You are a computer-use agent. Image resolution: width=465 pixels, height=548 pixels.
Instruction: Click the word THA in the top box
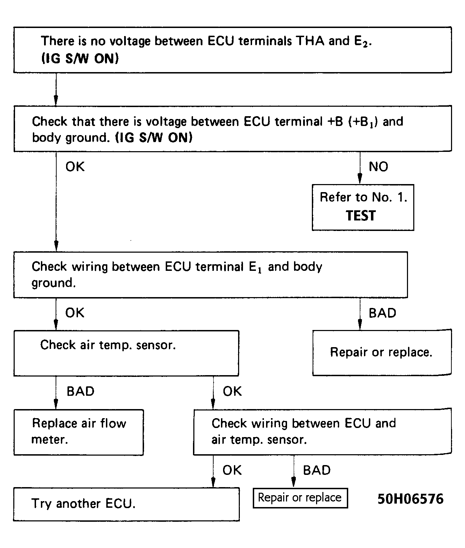[310, 41]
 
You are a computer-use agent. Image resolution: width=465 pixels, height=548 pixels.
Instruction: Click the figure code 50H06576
[410, 499]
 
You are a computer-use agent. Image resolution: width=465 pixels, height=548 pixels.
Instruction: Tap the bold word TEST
[360, 215]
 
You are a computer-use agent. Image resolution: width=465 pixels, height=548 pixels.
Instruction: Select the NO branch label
[378, 167]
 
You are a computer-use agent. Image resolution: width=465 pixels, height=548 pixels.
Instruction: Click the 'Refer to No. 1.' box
[363, 207]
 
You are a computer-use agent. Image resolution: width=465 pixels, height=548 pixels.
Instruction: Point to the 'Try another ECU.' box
[126, 504]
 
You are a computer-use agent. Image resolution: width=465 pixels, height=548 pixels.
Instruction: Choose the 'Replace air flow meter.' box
[79, 433]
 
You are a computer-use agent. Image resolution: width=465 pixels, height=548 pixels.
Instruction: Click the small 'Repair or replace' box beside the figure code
[300, 498]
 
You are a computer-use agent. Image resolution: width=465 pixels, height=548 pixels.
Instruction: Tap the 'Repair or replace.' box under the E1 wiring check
[382, 353]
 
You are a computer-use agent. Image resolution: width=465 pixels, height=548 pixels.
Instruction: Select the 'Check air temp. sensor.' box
[126, 353]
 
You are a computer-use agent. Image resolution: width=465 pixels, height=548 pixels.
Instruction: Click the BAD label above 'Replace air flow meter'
[80, 391]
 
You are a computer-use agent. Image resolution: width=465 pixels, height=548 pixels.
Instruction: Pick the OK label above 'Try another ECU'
[232, 470]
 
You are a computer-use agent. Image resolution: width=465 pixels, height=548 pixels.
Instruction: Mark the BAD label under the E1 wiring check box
[382, 313]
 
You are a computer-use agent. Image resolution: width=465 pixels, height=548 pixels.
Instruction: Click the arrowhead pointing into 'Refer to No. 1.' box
[360, 179]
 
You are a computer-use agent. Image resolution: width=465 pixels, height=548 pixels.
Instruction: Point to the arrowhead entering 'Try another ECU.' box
[213, 482]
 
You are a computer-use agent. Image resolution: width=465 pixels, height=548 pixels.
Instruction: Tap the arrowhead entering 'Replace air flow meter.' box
[56, 404]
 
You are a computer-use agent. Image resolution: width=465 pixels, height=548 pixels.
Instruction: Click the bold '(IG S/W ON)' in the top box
[80, 58]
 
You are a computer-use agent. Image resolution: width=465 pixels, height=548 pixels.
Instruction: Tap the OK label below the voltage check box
[75, 167]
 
